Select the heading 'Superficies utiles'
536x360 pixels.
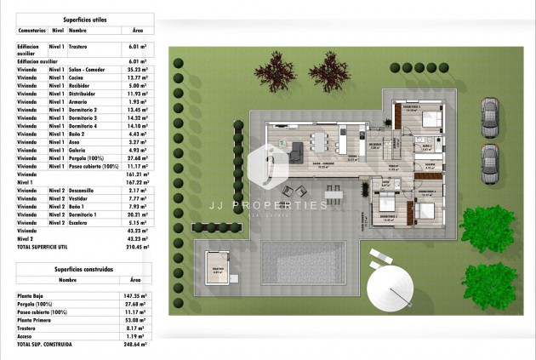[x=83, y=18]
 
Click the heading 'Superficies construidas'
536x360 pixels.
[x=83, y=268]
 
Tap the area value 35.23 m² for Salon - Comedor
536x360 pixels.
[x=134, y=70]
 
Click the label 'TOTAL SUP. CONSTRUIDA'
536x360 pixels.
[x=48, y=345]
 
